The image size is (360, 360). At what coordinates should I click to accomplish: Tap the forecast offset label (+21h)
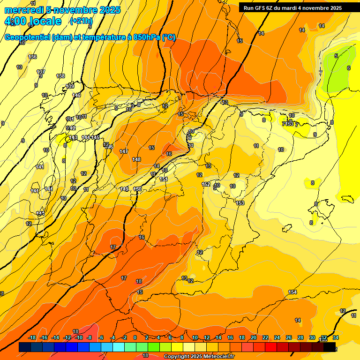81,21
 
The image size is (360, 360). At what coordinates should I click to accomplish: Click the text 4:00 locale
33,21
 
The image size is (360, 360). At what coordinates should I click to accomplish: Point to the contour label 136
32,57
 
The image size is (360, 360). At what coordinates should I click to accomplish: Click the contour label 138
60,76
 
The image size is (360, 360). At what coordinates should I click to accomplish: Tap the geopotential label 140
76,95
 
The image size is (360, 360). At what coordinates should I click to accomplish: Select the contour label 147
124,151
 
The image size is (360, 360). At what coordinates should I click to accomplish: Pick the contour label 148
136,159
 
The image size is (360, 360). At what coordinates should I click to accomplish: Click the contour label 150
138,189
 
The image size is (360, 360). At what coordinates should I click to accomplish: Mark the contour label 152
206,184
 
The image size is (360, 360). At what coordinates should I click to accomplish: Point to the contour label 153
240,203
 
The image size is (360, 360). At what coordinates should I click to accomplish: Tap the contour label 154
292,292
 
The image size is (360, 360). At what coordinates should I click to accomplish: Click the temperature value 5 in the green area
336,56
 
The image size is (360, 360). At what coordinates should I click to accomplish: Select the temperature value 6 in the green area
348,68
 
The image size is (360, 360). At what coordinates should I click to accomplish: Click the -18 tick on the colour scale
32,337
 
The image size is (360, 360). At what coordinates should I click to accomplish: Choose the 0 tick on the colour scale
135,337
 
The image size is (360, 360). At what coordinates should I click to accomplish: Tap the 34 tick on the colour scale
336,337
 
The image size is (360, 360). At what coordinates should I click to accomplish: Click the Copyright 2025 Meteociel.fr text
200,356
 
